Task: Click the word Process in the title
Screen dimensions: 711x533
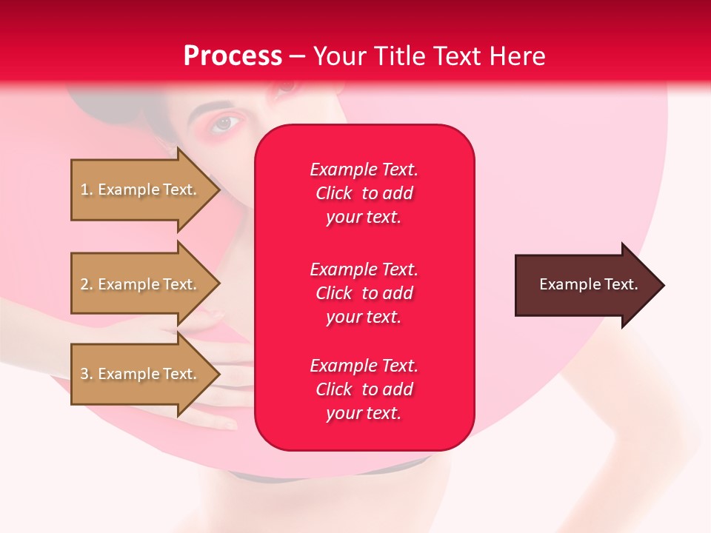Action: point(233,56)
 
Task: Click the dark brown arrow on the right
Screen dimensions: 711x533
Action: point(585,285)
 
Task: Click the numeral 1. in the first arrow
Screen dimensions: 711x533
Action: point(87,190)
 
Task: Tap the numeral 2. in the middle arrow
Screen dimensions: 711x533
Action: point(87,284)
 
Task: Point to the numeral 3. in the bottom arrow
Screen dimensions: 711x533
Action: point(87,374)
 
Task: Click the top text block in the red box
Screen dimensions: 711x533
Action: point(364,193)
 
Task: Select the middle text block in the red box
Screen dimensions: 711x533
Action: point(364,293)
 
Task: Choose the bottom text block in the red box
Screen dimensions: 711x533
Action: point(364,389)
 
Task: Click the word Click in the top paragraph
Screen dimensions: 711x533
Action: point(333,193)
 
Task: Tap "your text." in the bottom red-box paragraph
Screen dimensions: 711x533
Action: point(364,413)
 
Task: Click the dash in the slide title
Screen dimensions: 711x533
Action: point(297,56)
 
